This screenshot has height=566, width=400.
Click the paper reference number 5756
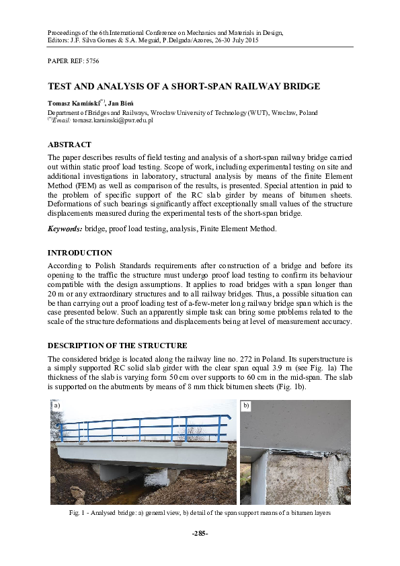tap(91, 60)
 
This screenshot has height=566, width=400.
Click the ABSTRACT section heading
tap(69, 145)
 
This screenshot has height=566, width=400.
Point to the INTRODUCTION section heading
tap(79, 253)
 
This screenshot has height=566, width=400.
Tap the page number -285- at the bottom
tap(200, 533)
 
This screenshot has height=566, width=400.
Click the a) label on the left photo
tap(57, 406)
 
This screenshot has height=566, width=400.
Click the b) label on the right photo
tap(246, 406)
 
